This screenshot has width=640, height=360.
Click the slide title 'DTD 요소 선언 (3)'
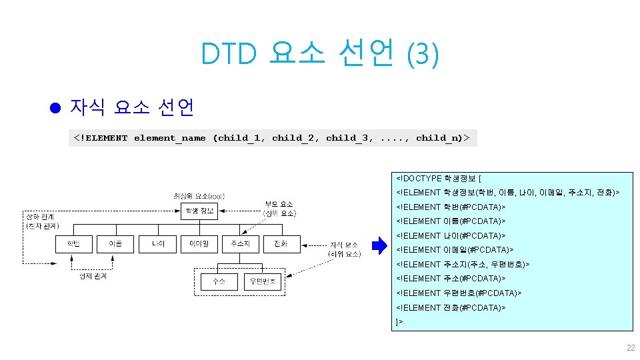(x=320, y=53)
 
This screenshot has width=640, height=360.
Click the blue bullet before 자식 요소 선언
(x=56, y=107)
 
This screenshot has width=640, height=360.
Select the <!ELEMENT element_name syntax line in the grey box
(x=271, y=138)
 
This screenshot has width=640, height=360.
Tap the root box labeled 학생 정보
(x=199, y=212)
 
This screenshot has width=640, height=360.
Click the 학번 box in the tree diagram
(x=73, y=245)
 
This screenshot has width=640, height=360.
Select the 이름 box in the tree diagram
(x=115, y=245)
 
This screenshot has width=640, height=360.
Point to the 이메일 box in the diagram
(x=199, y=245)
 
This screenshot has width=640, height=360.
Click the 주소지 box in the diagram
(x=240, y=245)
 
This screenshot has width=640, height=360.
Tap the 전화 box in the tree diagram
(x=281, y=245)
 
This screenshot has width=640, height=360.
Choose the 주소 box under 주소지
(x=219, y=282)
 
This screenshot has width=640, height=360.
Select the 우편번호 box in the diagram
(x=262, y=282)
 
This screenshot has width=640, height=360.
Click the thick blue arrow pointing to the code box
(x=379, y=246)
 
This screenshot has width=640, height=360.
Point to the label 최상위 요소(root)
(x=199, y=196)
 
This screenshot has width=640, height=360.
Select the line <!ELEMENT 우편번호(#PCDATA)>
(x=459, y=293)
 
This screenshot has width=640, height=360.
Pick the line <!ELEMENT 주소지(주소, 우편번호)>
(x=463, y=264)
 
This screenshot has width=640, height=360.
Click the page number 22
(x=630, y=348)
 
